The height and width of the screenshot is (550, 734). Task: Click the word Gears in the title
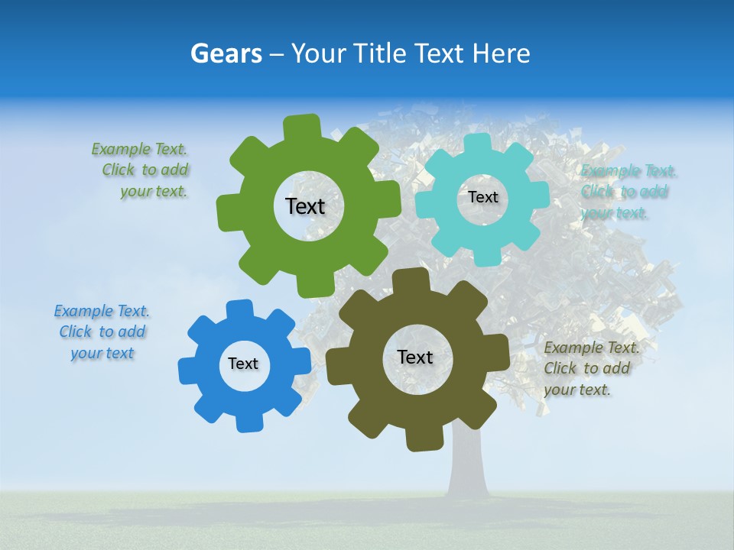pos(226,53)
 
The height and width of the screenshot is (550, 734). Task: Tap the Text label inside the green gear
pos(305,206)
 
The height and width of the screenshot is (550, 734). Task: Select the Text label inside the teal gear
pos(482,197)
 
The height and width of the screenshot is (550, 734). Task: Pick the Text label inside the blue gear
pos(243,364)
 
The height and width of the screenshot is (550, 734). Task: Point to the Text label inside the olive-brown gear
pos(415,357)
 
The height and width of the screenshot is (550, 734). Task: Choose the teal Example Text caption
pos(627,192)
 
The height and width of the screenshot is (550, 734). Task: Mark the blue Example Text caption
pos(102,332)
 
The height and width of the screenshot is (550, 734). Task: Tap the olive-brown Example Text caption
pos(590,369)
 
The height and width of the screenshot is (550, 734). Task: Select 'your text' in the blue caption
pos(102,354)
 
